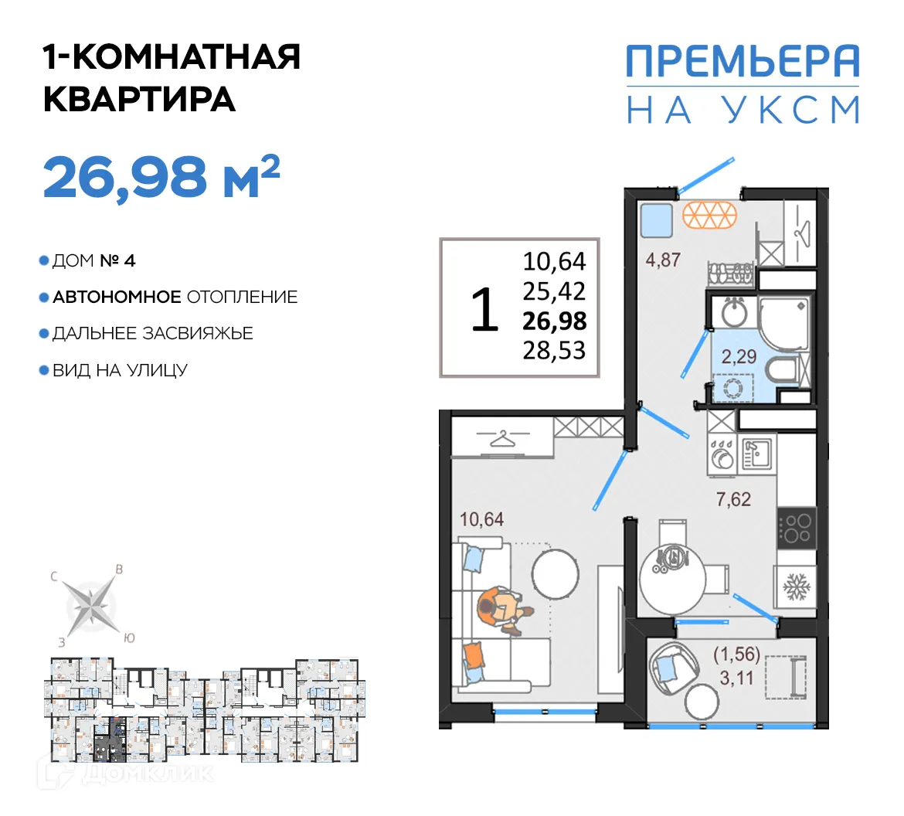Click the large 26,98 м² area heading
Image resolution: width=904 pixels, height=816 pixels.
(x=161, y=177)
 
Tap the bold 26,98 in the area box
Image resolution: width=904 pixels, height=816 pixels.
(x=554, y=321)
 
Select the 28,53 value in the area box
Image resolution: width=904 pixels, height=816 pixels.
(x=554, y=350)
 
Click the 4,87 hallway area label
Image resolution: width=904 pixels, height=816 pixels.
(x=663, y=260)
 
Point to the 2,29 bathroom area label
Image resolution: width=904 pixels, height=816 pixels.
(x=738, y=357)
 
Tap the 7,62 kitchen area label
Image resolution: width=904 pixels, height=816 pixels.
(x=732, y=499)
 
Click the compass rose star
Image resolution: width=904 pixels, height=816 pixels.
(x=92, y=604)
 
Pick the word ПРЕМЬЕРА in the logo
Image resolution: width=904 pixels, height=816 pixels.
(x=742, y=62)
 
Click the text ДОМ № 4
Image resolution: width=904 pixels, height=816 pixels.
(x=93, y=261)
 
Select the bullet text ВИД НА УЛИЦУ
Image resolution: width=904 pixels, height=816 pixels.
(x=120, y=371)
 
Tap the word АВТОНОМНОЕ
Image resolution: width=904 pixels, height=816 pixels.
(x=117, y=297)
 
